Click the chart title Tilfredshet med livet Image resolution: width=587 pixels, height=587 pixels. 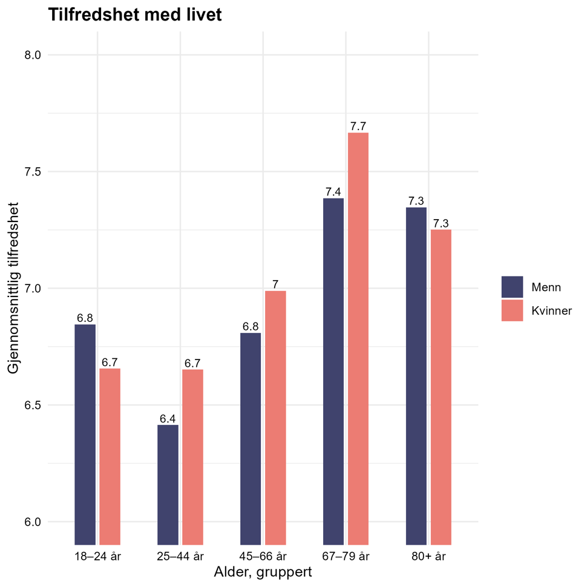tap(134, 15)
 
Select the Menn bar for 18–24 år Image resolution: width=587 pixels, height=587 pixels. tap(85, 434)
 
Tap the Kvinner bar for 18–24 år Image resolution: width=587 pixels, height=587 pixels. tap(110, 456)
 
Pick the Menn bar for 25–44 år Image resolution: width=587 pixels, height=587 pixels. tap(168, 484)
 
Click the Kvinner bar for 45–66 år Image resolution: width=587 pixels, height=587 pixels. tap(275, 418)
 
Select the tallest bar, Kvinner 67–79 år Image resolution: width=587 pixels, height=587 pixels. tap(358, 338)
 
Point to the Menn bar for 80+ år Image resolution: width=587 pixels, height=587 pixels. tap(416, 376)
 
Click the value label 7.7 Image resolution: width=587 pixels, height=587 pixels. tap(358, 126)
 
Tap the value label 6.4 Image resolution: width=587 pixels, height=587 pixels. tap(168, 419)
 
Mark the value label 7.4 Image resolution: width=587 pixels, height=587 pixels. tap(333, 192)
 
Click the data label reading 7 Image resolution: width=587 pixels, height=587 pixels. tap(275, 284)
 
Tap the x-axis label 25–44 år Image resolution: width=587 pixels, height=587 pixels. tap(180, 556)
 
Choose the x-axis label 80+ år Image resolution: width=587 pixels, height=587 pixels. tap(428, 556)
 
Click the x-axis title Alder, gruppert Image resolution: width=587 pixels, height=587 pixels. tap(263, 572)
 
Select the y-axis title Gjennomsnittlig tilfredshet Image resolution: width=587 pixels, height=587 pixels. tap(13, 288)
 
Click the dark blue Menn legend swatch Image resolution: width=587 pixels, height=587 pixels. tap(512, 287)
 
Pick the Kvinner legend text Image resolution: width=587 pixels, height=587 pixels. tap(551, 311)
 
